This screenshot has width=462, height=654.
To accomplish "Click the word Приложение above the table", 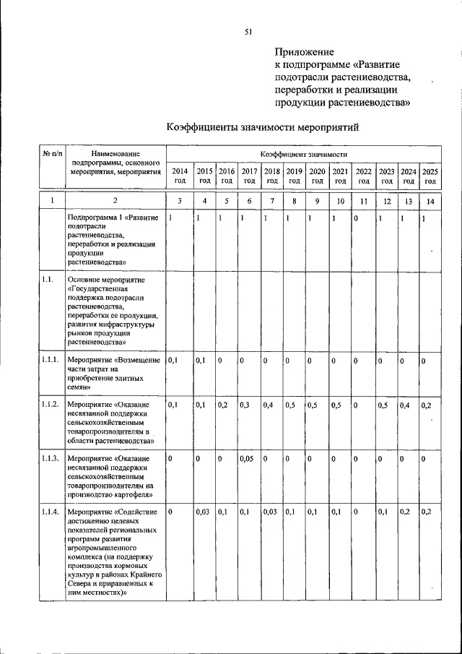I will click(x=304, y=51).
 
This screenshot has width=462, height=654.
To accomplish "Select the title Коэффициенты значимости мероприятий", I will click(x=263, y=127).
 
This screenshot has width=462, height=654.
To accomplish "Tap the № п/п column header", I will click(x=52, y=154).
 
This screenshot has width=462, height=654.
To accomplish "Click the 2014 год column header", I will click(x=180, y=176).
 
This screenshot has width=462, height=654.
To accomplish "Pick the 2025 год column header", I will click(x=430, y=176).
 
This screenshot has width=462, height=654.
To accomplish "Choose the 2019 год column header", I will click(x=294, y=176).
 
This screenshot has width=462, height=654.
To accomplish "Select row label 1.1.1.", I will click(x=50, y=360).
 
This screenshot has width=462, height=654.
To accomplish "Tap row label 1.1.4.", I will click(x=50, y=512).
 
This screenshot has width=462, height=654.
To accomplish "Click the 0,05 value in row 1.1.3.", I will click(x=248, y=458).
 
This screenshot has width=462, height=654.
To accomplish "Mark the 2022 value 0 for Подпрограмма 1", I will click(x=355, y=218).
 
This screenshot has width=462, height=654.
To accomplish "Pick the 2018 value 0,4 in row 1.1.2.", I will click(x=269, y=405).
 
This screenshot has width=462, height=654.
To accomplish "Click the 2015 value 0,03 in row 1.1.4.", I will click(x=204, y=512).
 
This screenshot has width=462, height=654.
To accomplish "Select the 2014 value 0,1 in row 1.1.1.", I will click(x=173, y=360).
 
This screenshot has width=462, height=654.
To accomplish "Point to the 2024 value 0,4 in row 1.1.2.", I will click(x=406, y=405).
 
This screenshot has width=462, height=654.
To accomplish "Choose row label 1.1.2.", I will click(x=50, y=405).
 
